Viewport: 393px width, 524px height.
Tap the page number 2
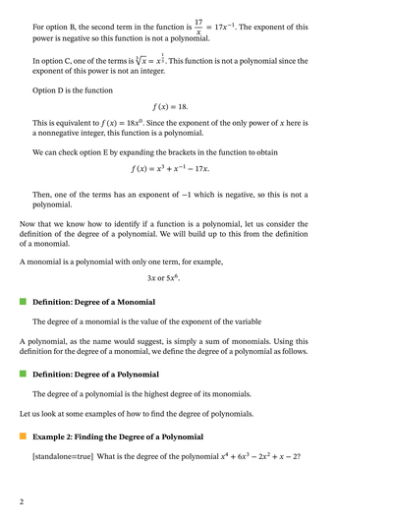(x=22, y=502)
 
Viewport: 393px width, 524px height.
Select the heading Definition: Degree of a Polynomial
(x=95, y=375)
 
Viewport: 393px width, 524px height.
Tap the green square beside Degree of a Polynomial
(x=23, y=375)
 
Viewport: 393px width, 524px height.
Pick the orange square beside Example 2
(x=23, y=437)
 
